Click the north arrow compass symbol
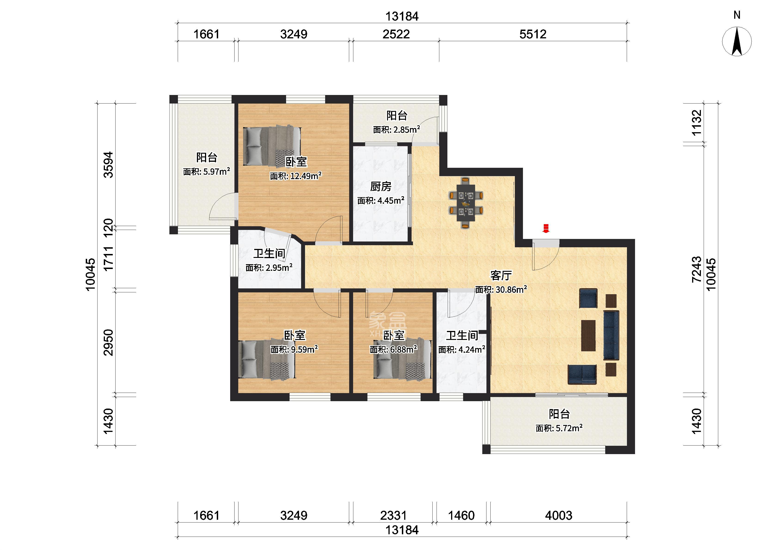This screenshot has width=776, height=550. [737, 41]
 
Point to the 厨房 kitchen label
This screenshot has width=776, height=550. [381, 186]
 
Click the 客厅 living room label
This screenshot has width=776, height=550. [501, 275]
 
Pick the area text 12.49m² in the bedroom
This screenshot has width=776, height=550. [296, 176]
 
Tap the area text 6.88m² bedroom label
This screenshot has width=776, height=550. [393, 349]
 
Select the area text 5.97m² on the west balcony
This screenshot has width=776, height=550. [207, 171]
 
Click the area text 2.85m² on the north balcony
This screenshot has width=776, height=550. [397, 129]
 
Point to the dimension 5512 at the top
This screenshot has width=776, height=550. [533, 34]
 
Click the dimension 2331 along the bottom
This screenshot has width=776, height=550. [393, 516]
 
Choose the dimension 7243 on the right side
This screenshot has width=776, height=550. [697, 270]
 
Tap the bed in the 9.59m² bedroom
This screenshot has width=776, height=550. [267, 359]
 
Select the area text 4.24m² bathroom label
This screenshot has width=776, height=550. [462, 349]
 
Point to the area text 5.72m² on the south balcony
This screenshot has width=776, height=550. [559, 428]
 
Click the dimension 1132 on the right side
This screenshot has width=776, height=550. [697, 122]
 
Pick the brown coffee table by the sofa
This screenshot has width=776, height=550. [588, 336]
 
